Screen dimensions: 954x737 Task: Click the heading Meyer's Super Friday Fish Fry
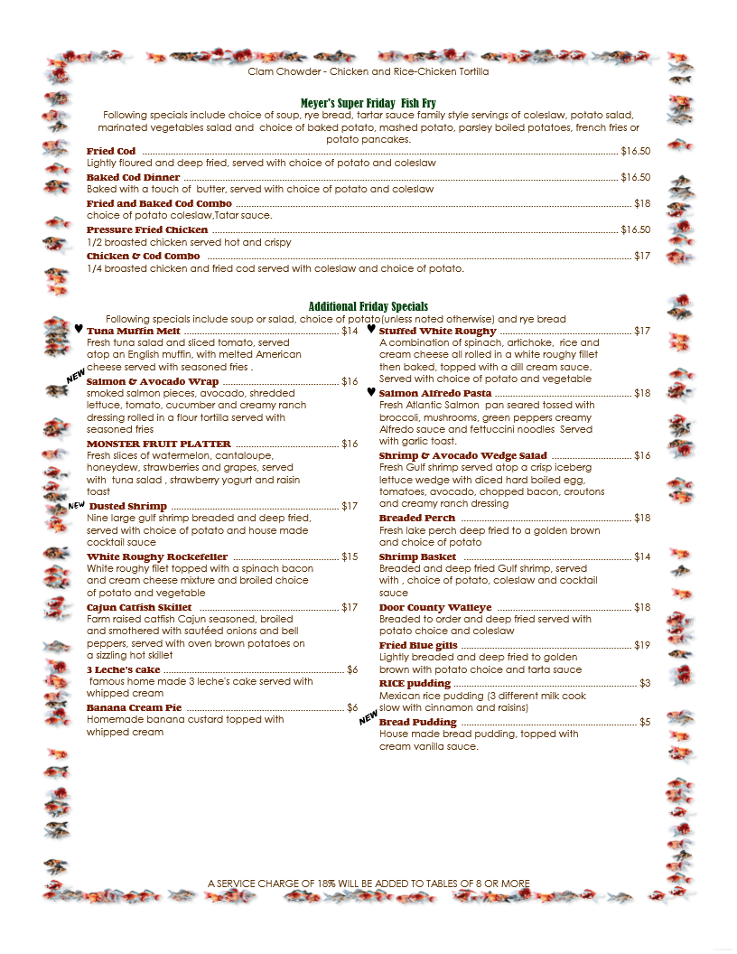pyautogui.click(x=368, y=104)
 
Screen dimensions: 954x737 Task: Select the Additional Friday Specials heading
pyautogui.click(x=368, y=306)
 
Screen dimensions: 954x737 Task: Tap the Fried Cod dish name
pyautogui.click(x=111, y=151)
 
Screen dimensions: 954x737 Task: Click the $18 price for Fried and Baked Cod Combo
pyautogui.click(x=642, y=204)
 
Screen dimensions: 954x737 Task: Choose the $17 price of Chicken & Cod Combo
pyautogui.click(x=642, y=257)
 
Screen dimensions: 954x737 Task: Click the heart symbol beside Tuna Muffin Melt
pyautogui.click(x=79, y=330)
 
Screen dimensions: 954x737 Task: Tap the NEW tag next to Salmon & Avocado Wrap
pyautogui.click(x=76, y=374)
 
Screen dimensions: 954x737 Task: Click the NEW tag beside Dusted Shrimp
pyautogui.click(x=77, y=506)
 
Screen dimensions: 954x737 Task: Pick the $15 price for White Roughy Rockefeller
pyautogui.click(x=350, y=557)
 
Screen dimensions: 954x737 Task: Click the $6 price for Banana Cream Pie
pyautogui.click(x=352, y=707)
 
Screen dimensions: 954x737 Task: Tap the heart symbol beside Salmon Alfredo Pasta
pyautogui.click(x=371, y=393)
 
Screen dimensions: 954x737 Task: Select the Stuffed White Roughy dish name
pyautogui.click(x=438, y=332)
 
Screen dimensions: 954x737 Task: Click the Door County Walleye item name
pyautogui.click(x=435, y=608)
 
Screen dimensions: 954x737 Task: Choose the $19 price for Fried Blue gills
pyautogui.click(x=642, y=646)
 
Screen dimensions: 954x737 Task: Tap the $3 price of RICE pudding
pyautogui.click(x=645, y=684)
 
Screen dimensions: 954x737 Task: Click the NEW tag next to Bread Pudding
pyautogui.click(x=368, y=718)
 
